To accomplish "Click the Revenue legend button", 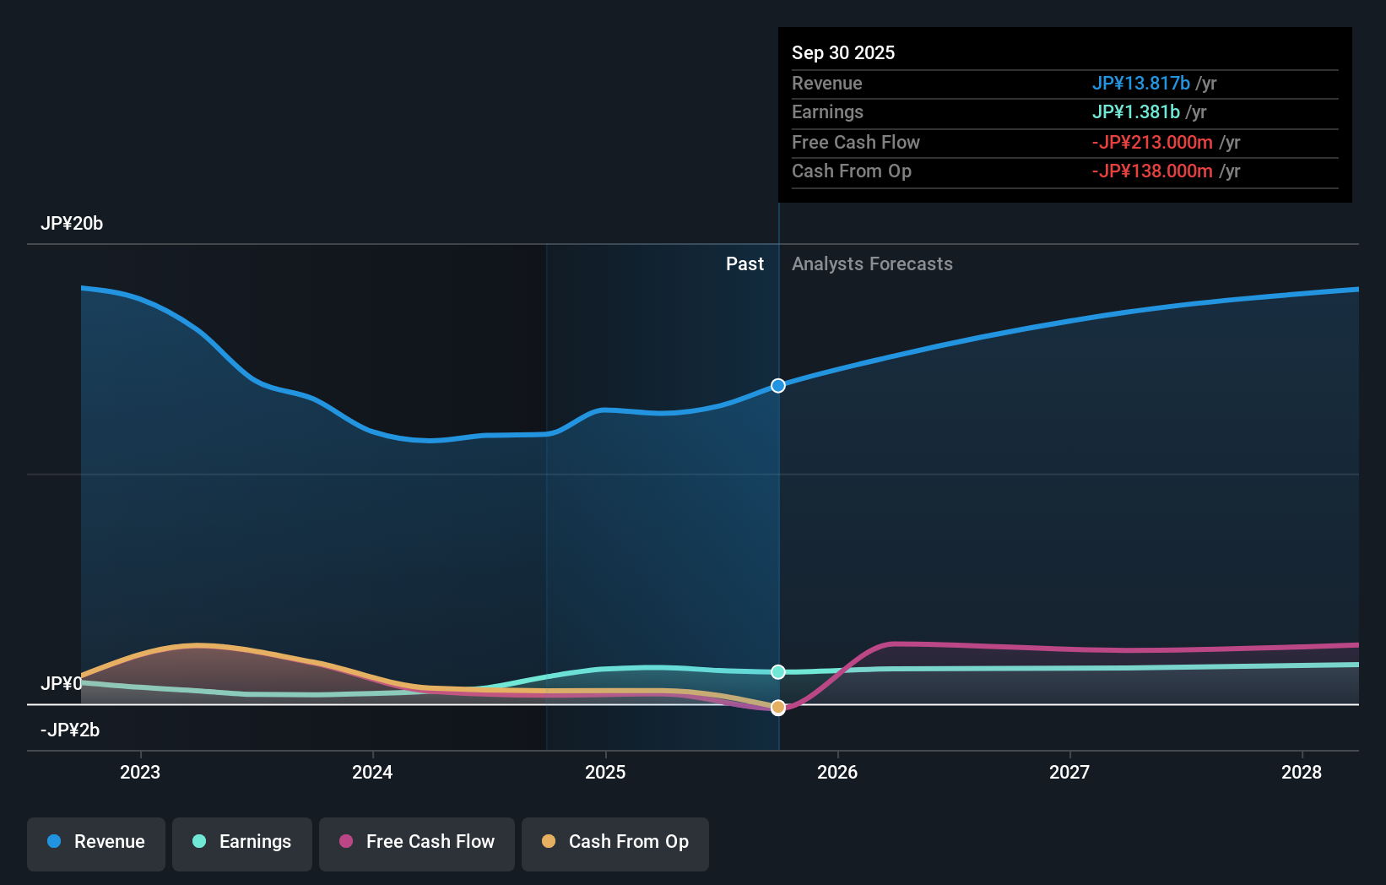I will point(96,842).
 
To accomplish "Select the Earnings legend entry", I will point(242,842).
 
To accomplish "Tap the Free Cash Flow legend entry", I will point(417,842).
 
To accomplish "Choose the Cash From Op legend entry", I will point(615,842).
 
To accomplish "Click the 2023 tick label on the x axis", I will point(140,772).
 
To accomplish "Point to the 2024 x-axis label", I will point(372,772).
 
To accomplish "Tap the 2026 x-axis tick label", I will point(837,772).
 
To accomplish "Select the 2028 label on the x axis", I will point(1302,772).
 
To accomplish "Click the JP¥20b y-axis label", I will point(72,224).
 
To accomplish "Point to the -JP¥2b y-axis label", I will point(70,730).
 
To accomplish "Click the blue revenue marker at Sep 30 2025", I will point(778,386).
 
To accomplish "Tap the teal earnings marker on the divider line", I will point(778,672).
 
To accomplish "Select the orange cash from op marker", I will point(778,708).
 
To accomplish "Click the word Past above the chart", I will point(744,264).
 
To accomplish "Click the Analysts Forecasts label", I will point(872,264).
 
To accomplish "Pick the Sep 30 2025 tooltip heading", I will point(843,53).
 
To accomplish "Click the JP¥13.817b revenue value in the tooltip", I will point(1140,84).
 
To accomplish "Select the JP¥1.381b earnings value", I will point(1135,112).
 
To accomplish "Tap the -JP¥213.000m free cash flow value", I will point(1152,143).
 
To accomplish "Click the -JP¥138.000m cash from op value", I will point(1152,171).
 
